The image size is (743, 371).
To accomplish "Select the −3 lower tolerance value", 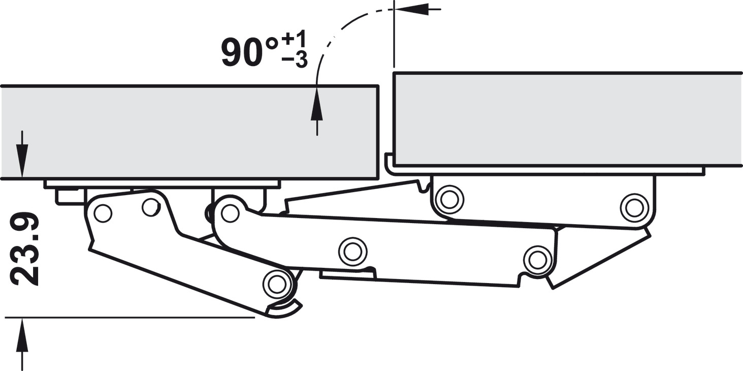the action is pyautogui.click(x=295, y=60).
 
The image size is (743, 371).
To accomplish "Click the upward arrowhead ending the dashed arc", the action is pyautogui.click(x=317, y=103).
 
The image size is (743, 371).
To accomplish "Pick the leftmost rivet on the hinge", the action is pyautogui.click(x=103, y=213).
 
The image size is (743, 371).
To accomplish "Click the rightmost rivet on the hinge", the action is pyautogui.click(x=635, y=208).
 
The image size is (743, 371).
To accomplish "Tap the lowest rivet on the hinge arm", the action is pyautogui.click(x=276, y=284).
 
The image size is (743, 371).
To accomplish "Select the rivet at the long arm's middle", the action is pyautogui.click(x=352, y=252).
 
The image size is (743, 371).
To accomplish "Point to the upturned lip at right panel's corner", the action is pyautogui.click(x=389, y=163).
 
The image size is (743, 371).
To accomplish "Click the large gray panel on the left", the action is pyautogui.click(x=189, y=133).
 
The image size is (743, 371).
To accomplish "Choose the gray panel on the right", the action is pyautogui.click(x=567, y=119).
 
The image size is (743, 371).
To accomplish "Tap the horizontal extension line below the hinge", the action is pyautogui.click(x=130, y=318).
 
